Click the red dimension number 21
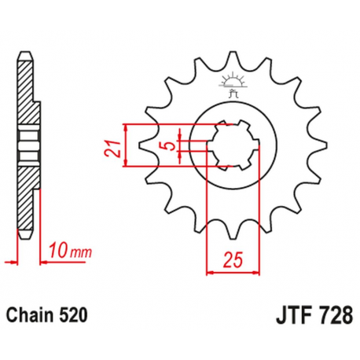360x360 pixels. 114,146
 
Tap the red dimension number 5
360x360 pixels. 168,145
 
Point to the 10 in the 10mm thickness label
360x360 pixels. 54,251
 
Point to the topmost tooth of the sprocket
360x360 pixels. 233,59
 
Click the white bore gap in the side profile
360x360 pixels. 28,144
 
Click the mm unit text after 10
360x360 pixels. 76,252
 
